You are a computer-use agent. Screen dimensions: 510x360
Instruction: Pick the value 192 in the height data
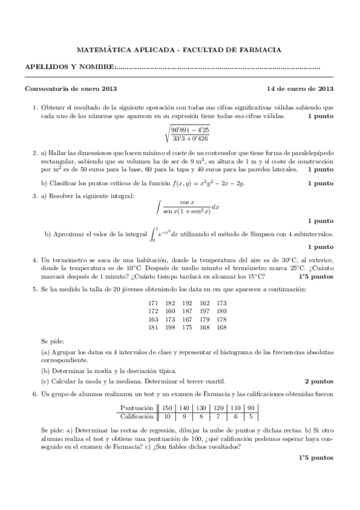click(x=187, y=303)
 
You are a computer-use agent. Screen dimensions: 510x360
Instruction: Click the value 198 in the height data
click(x=170, y=328)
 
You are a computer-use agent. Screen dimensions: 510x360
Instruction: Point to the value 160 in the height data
click(x=170, y=312)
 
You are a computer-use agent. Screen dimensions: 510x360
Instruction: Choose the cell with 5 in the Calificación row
click(x=252, y=416)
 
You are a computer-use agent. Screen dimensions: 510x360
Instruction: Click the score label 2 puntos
click(x=319, y=381)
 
